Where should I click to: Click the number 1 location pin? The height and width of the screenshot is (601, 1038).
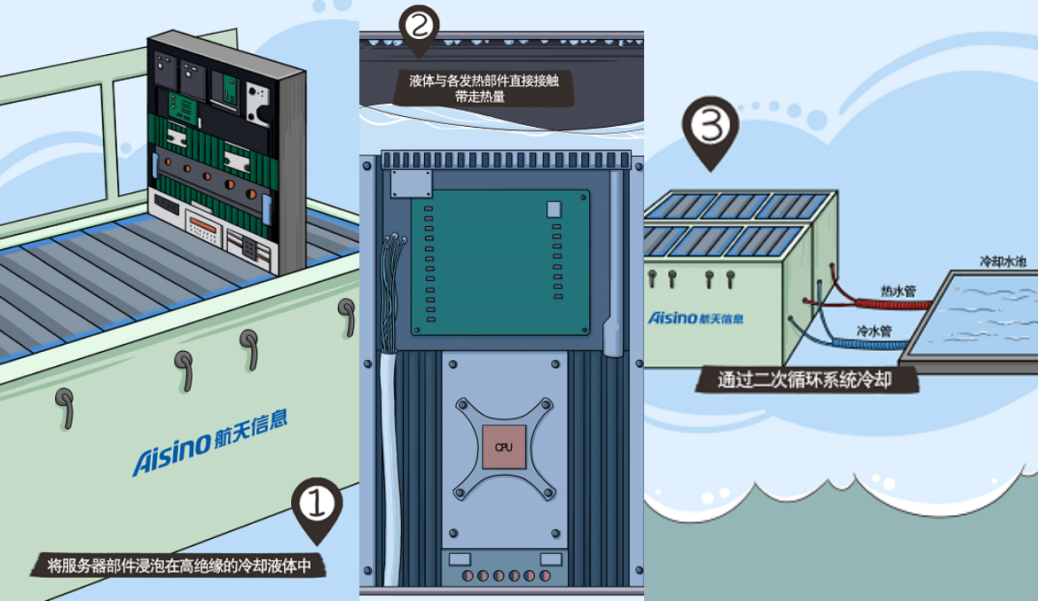tap(317, 507)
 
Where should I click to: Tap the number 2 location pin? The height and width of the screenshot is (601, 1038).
tap(419, 27)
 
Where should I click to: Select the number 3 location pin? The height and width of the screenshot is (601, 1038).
tap(710, 131)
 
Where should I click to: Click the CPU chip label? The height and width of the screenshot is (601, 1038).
tap(503, 447)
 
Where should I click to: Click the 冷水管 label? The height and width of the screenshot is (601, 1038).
tap(873, 331)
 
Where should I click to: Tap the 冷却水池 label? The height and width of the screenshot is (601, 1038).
tap(1003, 262)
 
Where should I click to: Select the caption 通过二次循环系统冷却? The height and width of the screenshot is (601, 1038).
tap(806, 380)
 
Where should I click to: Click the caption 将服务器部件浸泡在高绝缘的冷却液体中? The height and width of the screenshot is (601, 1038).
tap(178, 565)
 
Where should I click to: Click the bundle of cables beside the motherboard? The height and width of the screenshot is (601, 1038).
tap(389, 355)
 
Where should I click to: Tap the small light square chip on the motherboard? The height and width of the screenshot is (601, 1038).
tap(554, 210)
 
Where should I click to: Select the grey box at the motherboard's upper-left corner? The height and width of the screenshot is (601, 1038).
tap(411, 183)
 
